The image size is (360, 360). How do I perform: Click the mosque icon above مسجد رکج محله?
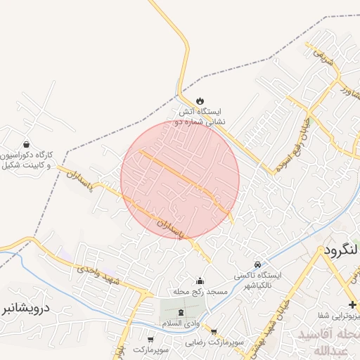(x=199, y=281)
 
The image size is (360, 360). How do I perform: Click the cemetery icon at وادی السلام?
(x=181, y=311)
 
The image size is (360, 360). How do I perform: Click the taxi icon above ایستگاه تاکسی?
(x=258, y=264)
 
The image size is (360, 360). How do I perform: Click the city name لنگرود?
(x=340, y=250)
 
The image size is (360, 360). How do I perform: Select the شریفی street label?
(x=320, y=56)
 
